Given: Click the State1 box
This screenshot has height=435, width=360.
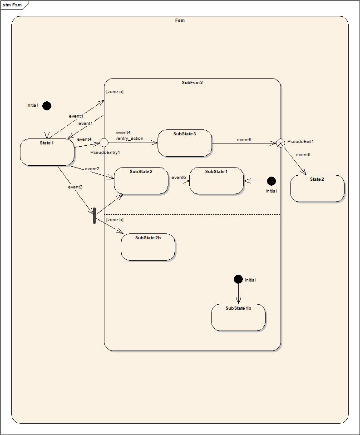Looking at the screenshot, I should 47,152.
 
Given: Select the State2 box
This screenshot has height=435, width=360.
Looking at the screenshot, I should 317,188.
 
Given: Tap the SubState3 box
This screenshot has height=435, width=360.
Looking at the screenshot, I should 185,143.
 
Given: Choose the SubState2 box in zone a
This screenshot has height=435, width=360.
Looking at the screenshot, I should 141,180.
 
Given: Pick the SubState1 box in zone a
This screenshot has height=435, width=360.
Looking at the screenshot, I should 216,180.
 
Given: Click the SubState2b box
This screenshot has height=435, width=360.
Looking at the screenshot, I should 148,247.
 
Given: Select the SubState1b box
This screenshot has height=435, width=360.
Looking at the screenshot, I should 238,317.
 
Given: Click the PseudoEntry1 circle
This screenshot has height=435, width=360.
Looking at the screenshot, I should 104,143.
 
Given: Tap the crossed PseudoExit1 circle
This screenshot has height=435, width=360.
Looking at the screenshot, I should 281,143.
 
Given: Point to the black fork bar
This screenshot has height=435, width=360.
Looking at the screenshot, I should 94,216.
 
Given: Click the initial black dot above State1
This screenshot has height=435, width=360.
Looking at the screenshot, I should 47,106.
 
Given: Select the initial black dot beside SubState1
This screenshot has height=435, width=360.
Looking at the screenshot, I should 271,181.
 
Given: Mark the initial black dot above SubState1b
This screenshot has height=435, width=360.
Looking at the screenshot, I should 238,279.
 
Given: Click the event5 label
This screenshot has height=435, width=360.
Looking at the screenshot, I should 244,140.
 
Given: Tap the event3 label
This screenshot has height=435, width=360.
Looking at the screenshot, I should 75,187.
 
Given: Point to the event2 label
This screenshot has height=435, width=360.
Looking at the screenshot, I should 92,169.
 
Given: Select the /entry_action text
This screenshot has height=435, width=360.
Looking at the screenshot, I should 130,138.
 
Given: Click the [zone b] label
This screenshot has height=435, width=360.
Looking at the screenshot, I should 115,220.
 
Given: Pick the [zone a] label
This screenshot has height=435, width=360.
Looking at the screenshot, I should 115,92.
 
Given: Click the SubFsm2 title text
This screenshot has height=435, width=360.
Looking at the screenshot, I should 192,82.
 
